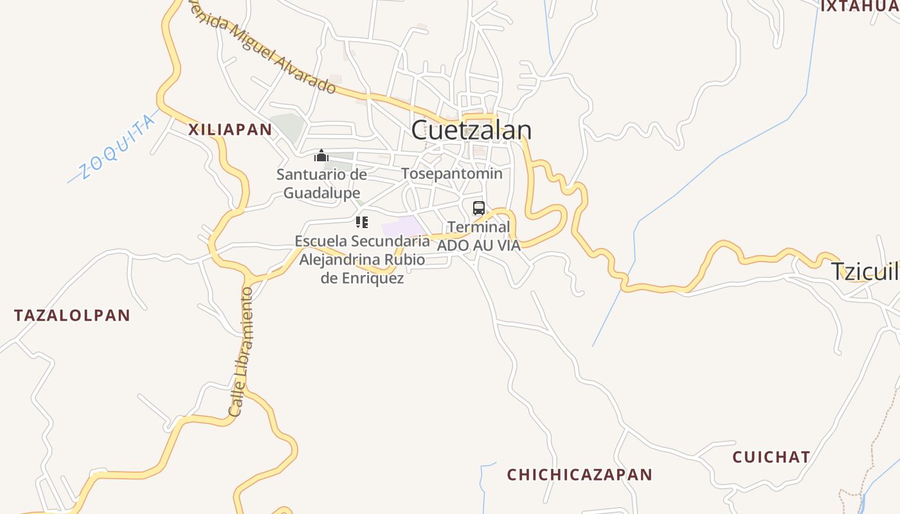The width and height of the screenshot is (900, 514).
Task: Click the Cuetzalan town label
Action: coord(471,130)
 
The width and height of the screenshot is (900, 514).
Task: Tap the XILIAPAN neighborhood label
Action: coord(230,129)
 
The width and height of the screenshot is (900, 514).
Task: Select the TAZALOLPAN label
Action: coord(72,315)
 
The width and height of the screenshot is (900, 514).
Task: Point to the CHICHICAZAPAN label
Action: coord(579,475)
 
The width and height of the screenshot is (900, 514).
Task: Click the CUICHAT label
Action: coord(771,457)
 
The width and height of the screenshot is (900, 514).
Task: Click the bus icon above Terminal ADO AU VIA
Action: coord(478,208)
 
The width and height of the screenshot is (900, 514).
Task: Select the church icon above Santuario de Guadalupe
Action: coord(321,155)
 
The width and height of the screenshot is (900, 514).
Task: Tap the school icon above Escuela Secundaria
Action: coord(362,223)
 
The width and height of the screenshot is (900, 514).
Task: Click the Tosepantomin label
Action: coord(451,173)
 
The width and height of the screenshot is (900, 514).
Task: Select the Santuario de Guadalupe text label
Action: coord(321,183)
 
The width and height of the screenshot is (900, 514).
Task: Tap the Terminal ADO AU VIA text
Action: coord(478,236)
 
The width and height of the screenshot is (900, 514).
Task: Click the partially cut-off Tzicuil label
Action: coord(865,271)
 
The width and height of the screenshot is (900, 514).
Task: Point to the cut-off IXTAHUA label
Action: coord(860,6)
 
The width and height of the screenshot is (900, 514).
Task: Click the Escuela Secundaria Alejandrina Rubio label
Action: coord(362,260)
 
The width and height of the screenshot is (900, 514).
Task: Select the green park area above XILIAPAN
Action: coord(286,127)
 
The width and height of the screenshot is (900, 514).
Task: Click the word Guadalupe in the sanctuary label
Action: coord(321,193)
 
